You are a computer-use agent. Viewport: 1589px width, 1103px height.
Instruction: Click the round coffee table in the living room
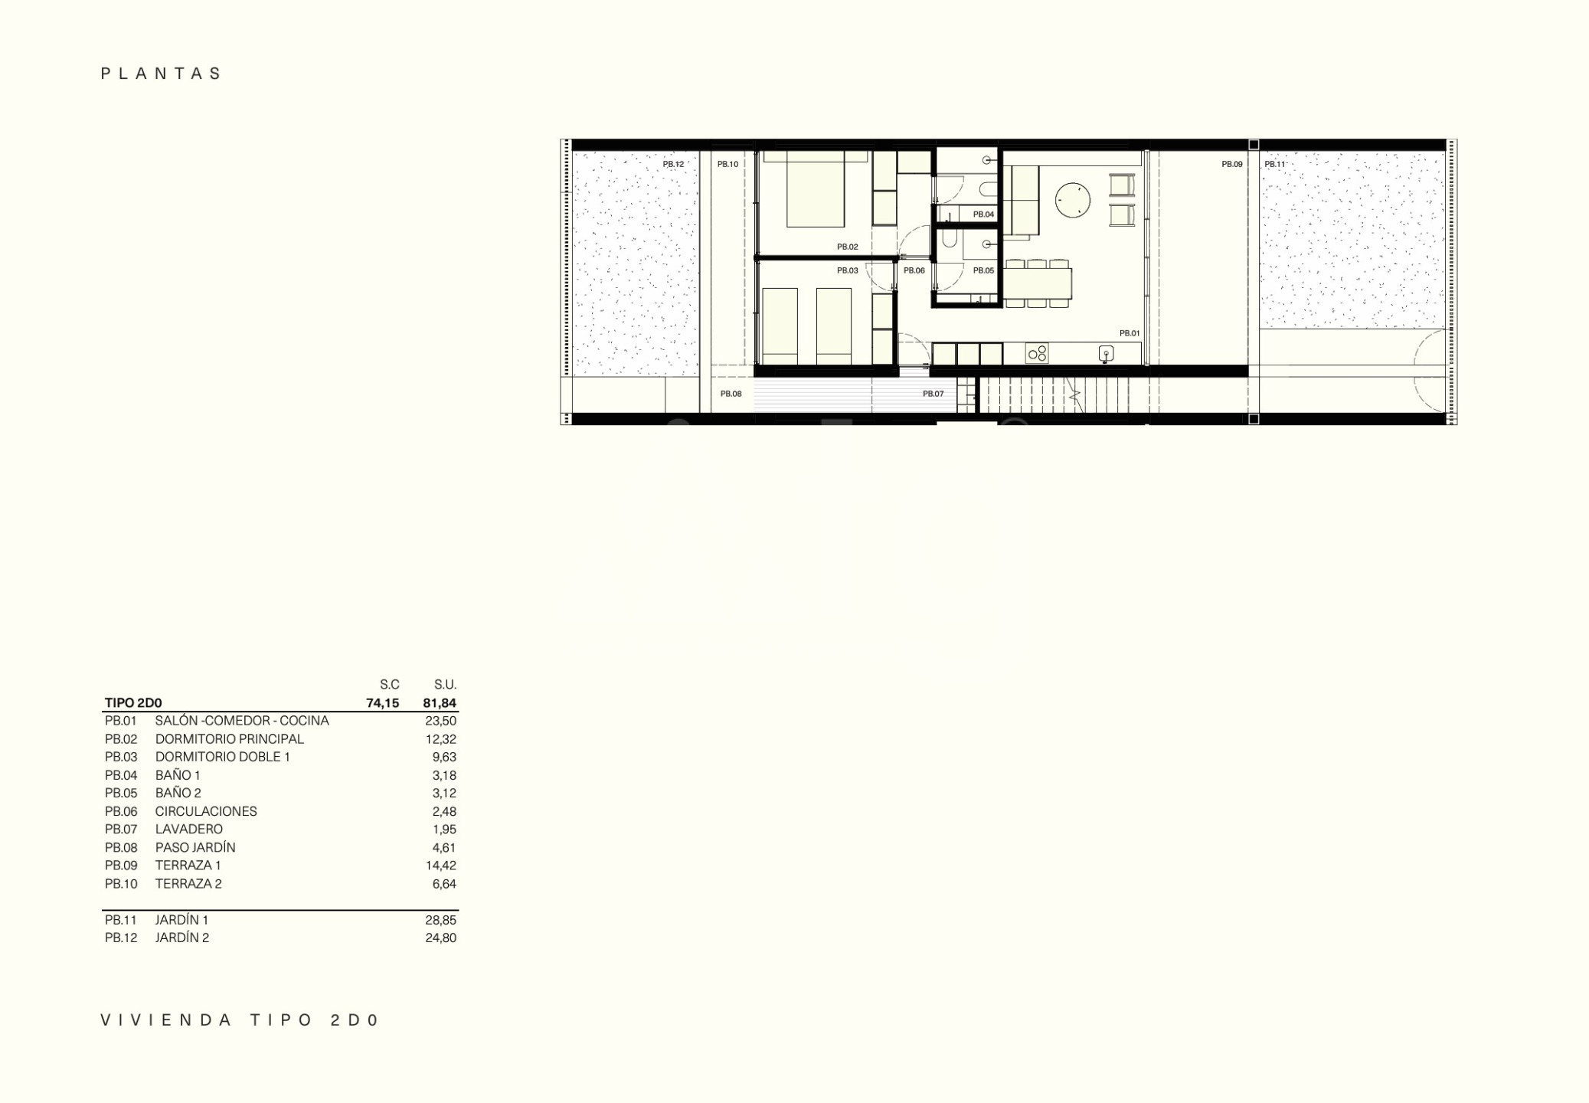[x=1072, y=200]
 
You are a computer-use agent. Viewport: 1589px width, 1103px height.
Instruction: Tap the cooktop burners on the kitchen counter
[x=1037, y=353]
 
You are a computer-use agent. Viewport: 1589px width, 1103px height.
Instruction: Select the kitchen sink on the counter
[x=1106, y=353]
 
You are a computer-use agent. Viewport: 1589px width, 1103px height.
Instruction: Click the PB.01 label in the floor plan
[x=1130, y=333]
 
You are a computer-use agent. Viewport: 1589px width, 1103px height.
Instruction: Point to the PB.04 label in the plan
[x=983, y=214]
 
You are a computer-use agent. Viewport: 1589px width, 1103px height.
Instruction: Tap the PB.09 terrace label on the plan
[x=1232, y=164]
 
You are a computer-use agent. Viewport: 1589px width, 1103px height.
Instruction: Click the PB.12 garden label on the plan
[x=673, y=164]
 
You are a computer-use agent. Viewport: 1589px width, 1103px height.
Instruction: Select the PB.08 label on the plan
[x=731, y=394]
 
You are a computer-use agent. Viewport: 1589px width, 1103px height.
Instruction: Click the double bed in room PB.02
[x=816, y=189]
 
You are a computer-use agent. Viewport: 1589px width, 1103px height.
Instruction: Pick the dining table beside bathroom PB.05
[x=1038, y=283]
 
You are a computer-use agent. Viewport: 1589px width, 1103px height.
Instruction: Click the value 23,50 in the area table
[x=440, y=721]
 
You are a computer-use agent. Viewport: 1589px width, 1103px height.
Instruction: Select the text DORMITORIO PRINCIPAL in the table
[x=230, y=739]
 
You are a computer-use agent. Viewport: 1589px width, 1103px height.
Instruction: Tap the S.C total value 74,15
[x=382, y=703]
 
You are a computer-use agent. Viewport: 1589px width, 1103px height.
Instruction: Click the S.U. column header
[x=445, y=685]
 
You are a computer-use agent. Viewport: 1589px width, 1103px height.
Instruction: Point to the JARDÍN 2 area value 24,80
[x=440, y=938]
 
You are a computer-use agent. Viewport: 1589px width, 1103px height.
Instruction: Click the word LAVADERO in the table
[x=189, y=829]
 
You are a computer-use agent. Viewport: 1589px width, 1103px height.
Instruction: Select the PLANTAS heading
[x=162, y=74]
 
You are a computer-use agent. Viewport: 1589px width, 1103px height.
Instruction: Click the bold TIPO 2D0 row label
[x=133, y=703]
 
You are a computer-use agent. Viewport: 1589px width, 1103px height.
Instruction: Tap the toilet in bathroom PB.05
[x=950, y=240]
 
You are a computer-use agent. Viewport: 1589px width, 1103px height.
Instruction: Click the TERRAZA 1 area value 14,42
[x=441, y=866]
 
